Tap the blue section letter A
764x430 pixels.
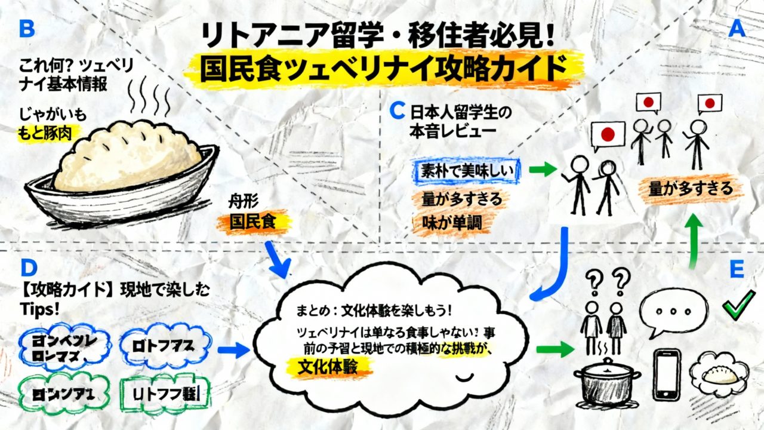coord(737,29)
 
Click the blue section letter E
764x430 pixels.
coord(737,269)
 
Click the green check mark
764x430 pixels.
coord(738,309)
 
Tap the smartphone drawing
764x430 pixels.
coord(667,374)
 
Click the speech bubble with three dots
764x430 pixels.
coord(674,312)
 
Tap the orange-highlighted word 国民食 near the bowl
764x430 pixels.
coord(254,222)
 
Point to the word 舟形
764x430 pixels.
coord(244,202)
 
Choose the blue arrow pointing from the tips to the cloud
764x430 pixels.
coord(233,351)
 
